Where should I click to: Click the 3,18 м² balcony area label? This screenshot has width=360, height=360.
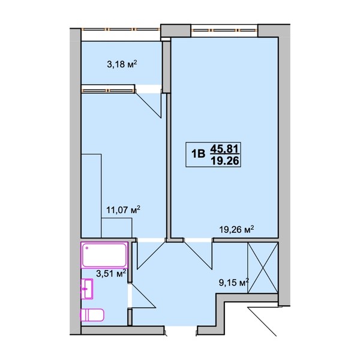click(122, 64)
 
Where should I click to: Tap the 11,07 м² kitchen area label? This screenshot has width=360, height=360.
click(123, 209)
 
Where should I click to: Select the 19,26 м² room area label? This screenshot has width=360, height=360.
click(237, 229)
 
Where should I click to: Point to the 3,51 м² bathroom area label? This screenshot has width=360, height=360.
click(111, 273)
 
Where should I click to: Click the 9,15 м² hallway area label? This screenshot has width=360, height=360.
click(234, 283)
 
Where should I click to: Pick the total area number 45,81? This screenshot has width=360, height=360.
click(225, 149)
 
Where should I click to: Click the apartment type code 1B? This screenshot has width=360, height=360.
click(198, 154)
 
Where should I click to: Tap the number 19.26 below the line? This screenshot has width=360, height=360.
click(225, 161)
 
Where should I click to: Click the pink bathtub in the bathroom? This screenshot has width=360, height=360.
click(104, 255)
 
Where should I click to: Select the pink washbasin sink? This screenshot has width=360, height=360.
click(87, 289)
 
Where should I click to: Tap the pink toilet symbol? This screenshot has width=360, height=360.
click(92, 315)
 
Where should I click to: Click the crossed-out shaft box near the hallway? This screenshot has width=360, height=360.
click(263, 268)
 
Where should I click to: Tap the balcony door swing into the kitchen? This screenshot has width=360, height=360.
click(148, 104)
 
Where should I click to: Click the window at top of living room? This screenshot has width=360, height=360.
click(224, 30)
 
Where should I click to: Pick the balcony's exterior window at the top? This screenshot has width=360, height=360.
click(121, 29)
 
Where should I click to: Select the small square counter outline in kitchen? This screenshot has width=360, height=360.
click(116, 228)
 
